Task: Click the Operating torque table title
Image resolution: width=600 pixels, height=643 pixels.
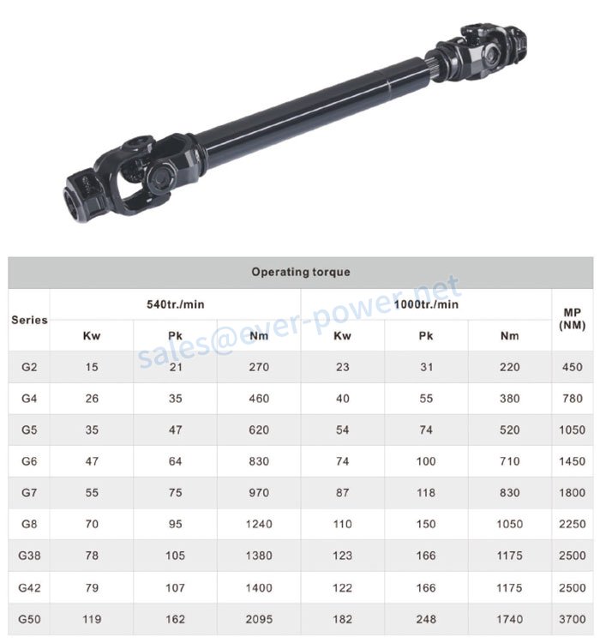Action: coord(300,272)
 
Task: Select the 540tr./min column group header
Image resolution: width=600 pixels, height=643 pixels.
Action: coord(175,304)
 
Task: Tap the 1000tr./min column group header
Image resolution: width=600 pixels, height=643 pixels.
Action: coord(427,304)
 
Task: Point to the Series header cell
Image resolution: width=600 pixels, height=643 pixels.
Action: coord(29,320)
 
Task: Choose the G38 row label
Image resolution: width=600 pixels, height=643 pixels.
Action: coord(30,556)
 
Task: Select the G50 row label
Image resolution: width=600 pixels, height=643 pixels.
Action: coord(30,619)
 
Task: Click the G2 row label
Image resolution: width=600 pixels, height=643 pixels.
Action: coord(30,367)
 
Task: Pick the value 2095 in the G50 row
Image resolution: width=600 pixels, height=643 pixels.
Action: coord(258,619)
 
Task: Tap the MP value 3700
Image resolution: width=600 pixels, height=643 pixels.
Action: coord(572,619)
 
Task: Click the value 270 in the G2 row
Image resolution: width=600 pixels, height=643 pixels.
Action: coord(258,367)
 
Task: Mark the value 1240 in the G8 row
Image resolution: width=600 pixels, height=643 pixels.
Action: coord(258,524)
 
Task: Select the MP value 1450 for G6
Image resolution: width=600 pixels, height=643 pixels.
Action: coord(572,461)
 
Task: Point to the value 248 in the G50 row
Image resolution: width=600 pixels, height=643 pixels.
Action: coord(426,619)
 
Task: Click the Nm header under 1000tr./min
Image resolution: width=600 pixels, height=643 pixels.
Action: coord(509,335)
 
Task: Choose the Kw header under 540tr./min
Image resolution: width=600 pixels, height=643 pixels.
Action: coord(92,335)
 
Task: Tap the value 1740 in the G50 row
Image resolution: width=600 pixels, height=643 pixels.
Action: coord(509,619)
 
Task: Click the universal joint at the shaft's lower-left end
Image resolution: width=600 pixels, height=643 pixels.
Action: coord(120,176)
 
